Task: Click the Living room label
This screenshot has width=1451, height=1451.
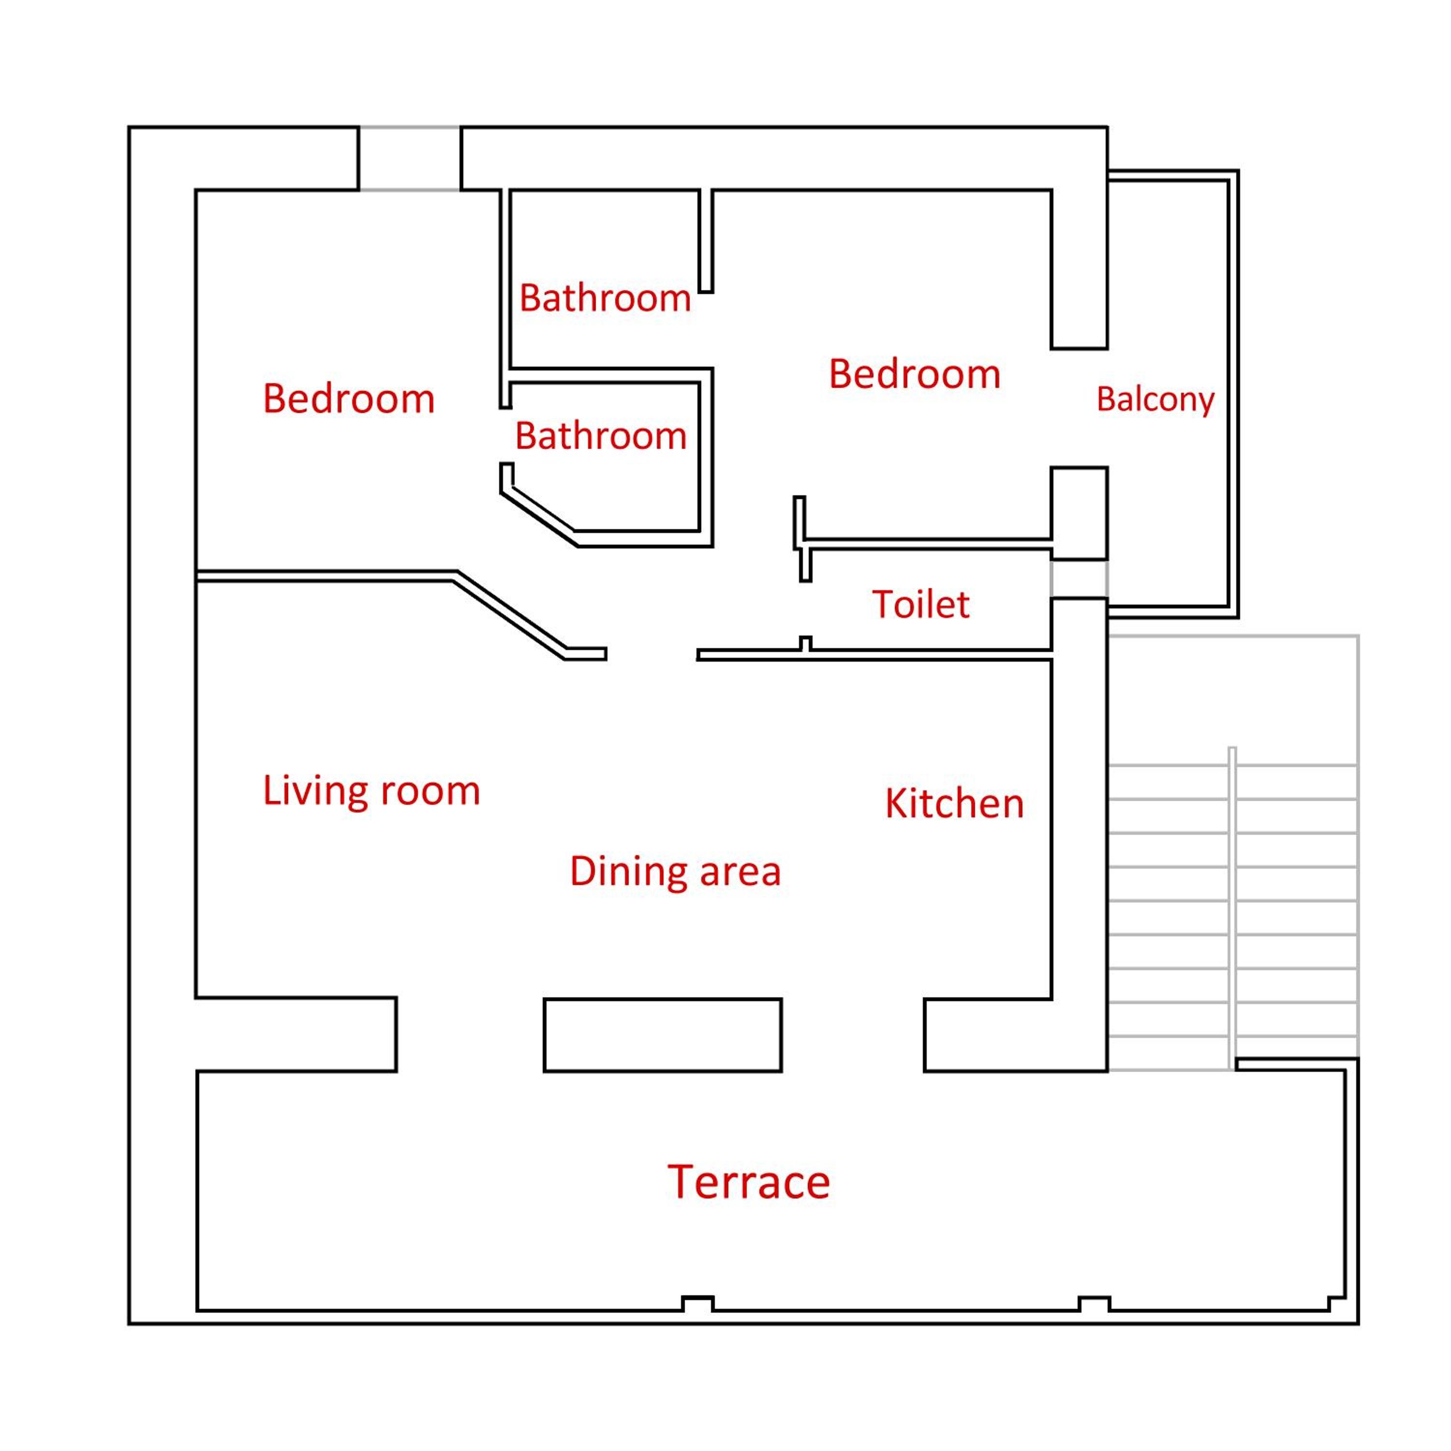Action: point(371,791)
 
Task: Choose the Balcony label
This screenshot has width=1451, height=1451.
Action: point(1155,400)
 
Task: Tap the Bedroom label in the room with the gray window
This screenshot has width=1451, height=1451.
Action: point(348,399)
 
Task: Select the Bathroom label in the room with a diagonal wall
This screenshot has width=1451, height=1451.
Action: point(601,436)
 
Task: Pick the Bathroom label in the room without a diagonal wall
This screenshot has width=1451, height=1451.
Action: point(606,298)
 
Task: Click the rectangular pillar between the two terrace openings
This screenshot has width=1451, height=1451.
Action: point(663,1035)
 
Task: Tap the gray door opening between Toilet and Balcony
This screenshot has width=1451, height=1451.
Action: point(1079,579)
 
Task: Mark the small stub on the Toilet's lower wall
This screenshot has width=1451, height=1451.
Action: point(805,644)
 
